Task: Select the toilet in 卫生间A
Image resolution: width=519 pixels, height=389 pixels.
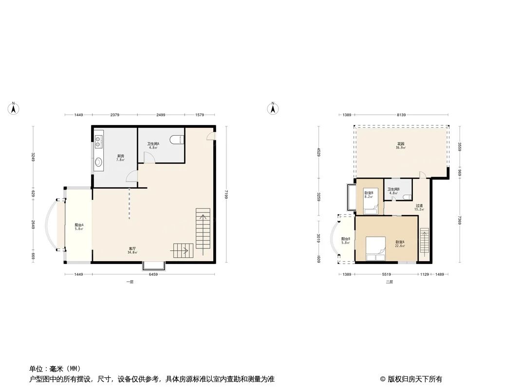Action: point(177,140)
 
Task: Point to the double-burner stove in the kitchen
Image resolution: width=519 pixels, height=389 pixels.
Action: point(98,141)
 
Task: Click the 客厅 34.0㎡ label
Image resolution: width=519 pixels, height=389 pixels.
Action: point(132,250)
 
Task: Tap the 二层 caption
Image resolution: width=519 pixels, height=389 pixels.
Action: point(389,282)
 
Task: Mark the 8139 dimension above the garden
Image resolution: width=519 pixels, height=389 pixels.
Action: point(401,115)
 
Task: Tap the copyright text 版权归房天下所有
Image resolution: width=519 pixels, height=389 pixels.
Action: point(414,379)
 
